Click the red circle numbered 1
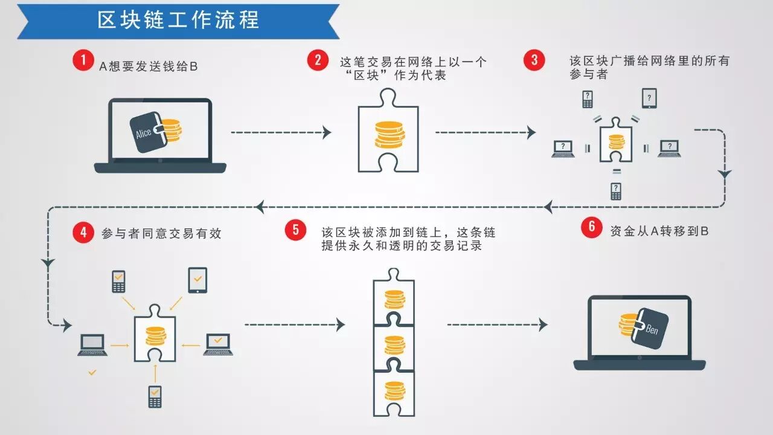(83, 60)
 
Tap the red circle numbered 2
(317, 60)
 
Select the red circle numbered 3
(534, 60)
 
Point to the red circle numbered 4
(83, 233)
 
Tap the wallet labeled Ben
(650, 328)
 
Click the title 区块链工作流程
(179, 20)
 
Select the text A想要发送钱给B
(149, 66)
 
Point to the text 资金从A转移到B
(659, 230)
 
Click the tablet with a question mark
(649, 98)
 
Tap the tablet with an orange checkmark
(197, 280)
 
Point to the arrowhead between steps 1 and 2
(327, 132)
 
